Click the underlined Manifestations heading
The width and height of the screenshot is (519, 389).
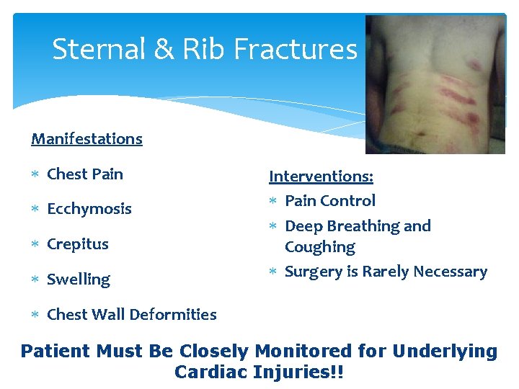tap(86, 138)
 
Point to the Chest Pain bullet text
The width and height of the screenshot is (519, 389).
tap(85, 174)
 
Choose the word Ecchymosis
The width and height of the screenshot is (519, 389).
tap(89, 210)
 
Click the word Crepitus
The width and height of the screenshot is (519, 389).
tap(78, 244)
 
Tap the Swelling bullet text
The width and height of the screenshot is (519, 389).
tap(79, 280)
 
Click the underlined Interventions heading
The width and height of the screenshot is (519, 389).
tap(321, 176)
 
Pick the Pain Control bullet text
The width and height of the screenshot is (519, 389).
tap(330, 201)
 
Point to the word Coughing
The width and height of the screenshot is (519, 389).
tap(320, 247)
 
